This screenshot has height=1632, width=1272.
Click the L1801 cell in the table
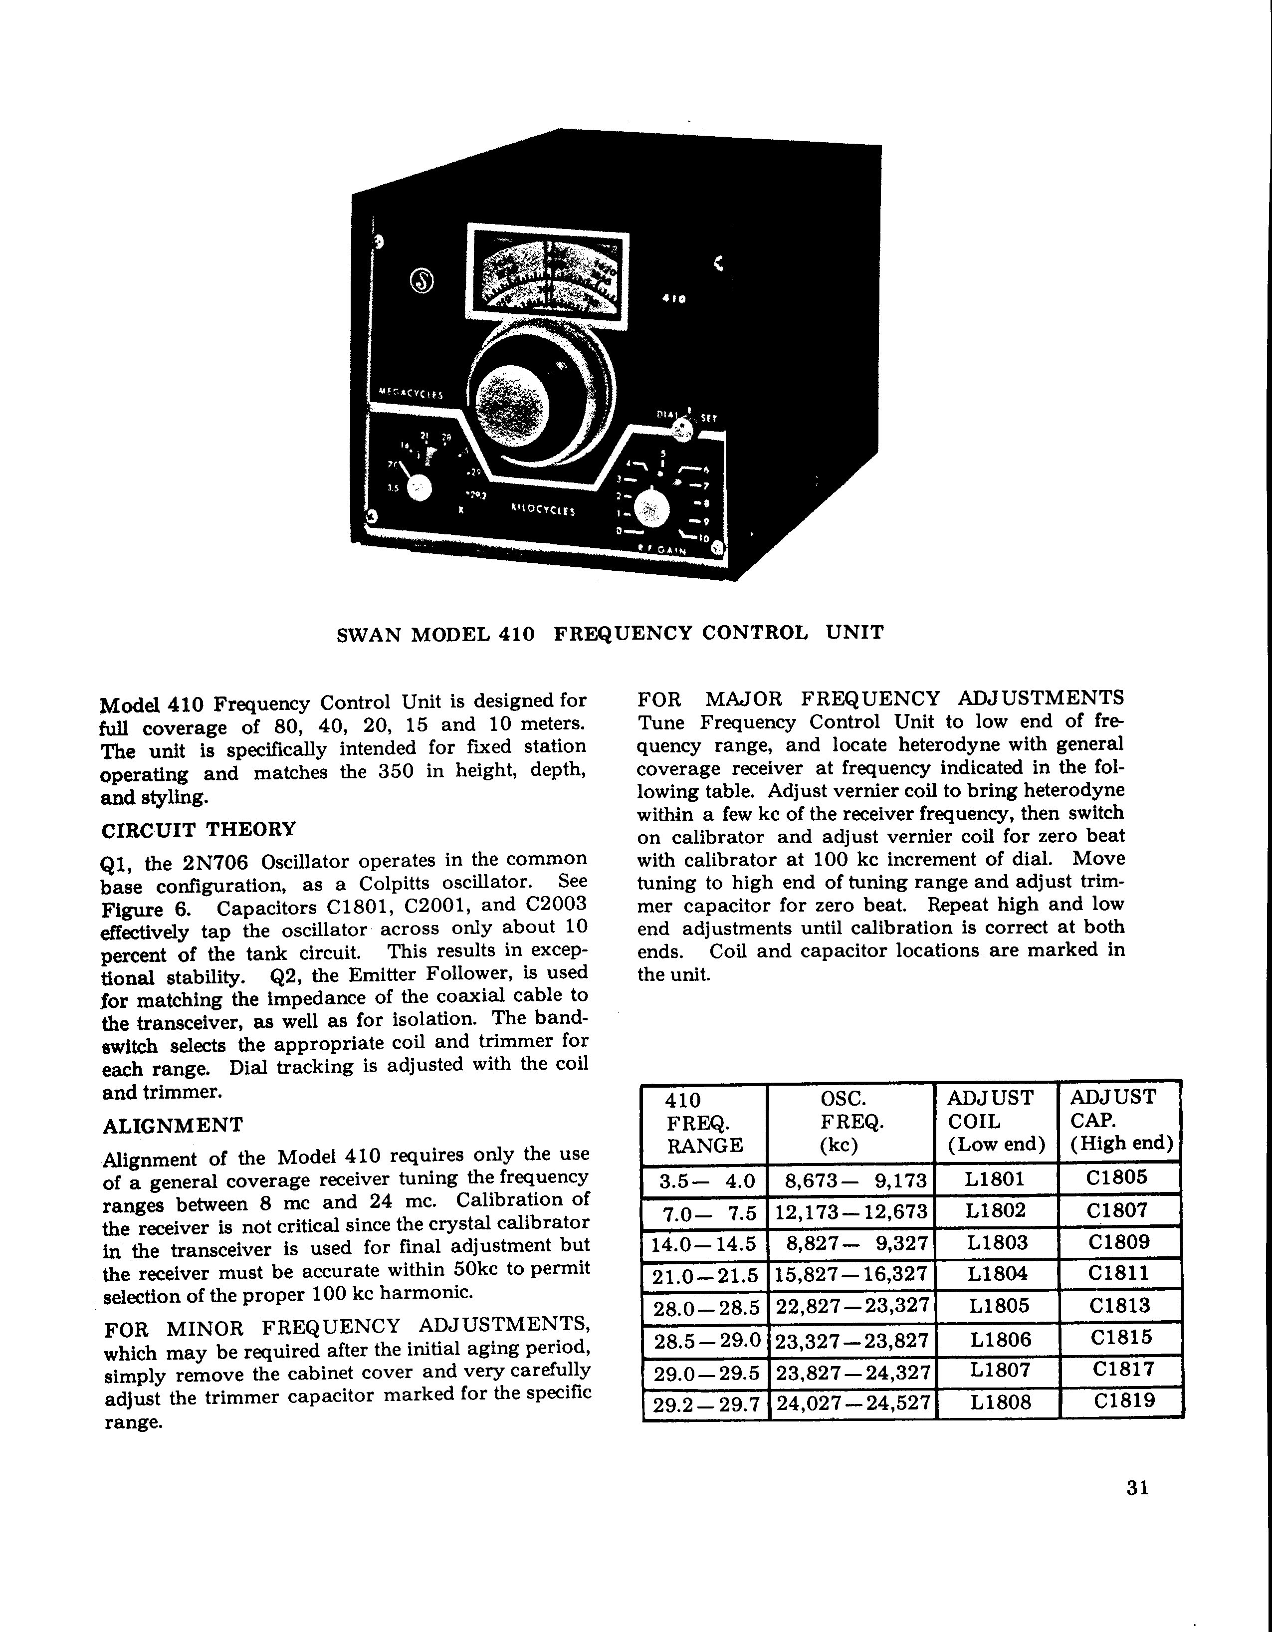point(996,1180)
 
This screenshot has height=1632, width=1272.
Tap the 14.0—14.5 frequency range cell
point(704,1243)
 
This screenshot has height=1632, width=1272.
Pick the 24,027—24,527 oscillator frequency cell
point(851,1402)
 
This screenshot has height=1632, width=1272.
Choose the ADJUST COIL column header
point(996,1121)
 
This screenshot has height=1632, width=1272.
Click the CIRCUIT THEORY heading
point(198,829)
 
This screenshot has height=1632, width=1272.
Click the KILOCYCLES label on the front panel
point(542,511)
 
